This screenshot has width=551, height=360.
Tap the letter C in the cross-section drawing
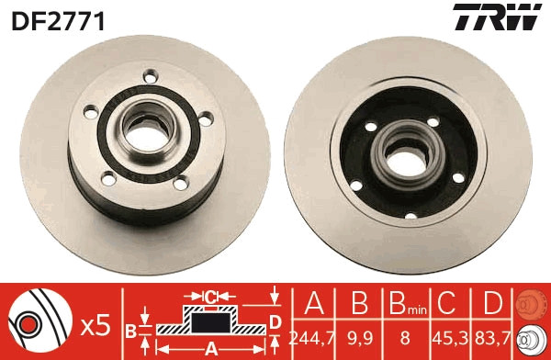pyautogui.click(x=210, y=297)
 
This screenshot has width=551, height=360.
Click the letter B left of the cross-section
pyautogui.click(x=130, y=329)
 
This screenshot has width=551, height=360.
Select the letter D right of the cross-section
pyautogui.click(x=275, y=321)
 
